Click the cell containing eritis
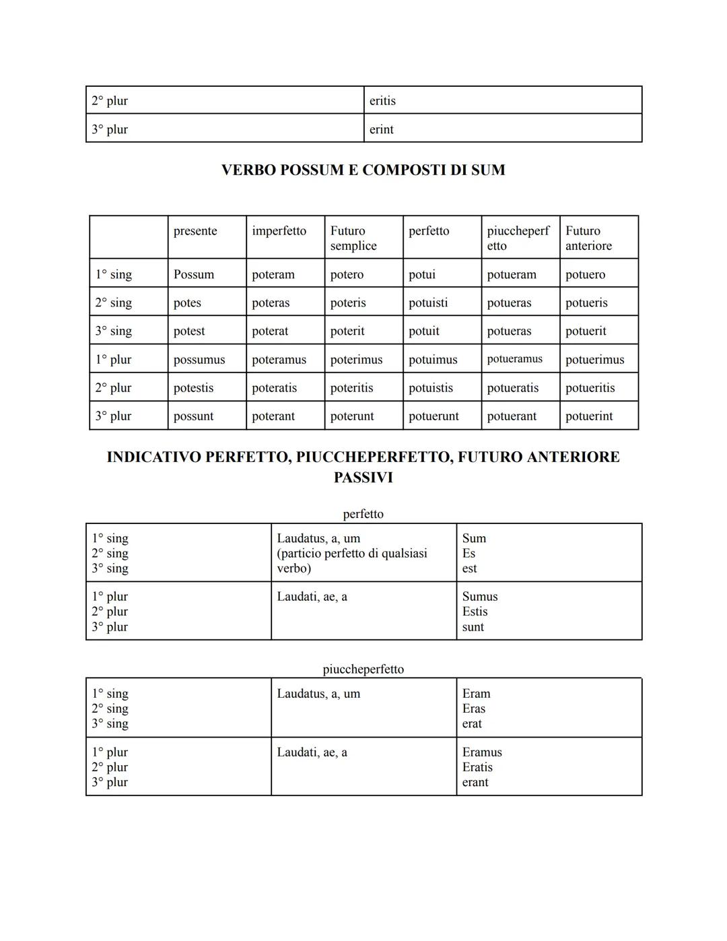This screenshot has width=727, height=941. [382, 101]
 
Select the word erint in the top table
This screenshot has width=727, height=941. [381, 129]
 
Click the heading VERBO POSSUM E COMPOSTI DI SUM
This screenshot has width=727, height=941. [363, 170]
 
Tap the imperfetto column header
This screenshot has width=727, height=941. [279, 231]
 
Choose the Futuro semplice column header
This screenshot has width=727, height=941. [353, 238]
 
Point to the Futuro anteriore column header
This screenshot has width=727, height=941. [588, 238]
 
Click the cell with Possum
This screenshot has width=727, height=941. [194, 275]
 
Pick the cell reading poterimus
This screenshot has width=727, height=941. [356, 360]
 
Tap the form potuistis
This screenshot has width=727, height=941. [431, 388]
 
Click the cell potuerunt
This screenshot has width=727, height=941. [434, 416]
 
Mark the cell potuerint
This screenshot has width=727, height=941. [589, 416]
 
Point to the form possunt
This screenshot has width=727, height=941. [193, 416]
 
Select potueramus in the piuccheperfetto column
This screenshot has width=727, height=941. [514, 359]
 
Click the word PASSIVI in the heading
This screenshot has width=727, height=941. [363, 478]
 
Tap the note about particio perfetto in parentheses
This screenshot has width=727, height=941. [351, 560]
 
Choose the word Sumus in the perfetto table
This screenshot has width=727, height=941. [480, 597]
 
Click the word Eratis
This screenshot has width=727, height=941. [477, 767]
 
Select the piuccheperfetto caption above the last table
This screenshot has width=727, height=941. [363, 669]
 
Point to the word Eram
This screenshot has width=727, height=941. [476, 694]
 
